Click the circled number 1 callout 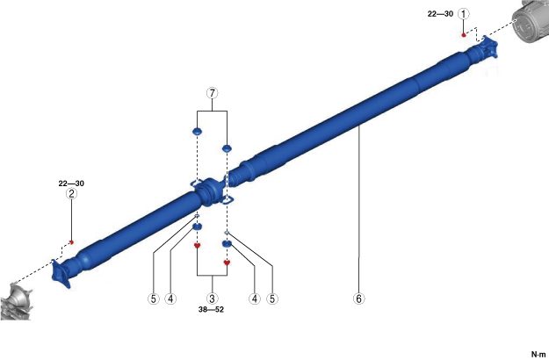(x=464, y=14)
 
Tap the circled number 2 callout (x=71, y=193)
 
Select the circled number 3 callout (x=212, y=299)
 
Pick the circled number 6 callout (x=358, y=299)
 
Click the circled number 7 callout (x=213, y=93)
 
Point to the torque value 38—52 (x=211, y=310)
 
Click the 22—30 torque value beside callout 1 (x=440, y=14)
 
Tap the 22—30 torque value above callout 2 (x=71, y=184)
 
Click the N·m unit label (x=538, y=355)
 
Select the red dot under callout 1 (x=464, y=35)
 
